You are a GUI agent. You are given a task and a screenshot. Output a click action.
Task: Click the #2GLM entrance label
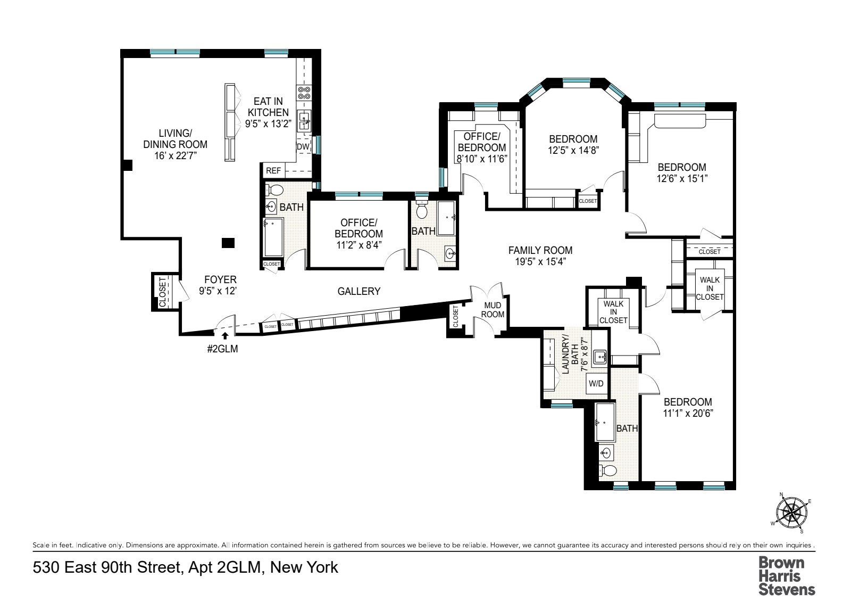click(x=223, y=350)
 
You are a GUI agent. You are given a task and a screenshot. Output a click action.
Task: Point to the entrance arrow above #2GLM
click(x=225, y=336)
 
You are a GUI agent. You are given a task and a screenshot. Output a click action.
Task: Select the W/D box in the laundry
click(x=595, y=383)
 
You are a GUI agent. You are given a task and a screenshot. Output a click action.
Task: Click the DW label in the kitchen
click(x=303, y=147)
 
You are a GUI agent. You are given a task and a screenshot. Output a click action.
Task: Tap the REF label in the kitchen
click(x=273, y=171)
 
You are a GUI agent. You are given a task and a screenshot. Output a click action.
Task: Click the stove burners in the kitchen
click(x=304, y=93)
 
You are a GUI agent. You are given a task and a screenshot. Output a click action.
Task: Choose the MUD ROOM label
click(x=493, y=310)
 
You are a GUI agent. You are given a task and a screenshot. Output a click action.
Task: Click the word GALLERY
click(x=359, y=291)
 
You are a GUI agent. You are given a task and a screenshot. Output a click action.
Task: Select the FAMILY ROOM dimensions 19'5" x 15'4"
click(x=540, y=261)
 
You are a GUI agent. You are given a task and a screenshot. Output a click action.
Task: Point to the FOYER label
click(x=218, y=280)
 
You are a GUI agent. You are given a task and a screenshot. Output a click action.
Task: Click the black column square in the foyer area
click(x=228, y=243)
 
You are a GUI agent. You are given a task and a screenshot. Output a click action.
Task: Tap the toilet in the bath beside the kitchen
click(x=275, y=190)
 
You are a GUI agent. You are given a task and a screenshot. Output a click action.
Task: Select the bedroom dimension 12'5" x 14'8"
click(x=573, y=150)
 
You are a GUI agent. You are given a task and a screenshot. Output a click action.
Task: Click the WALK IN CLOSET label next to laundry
click(x=613, y=312)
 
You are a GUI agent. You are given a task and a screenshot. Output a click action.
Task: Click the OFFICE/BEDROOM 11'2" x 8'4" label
click(x=358, y=234)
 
